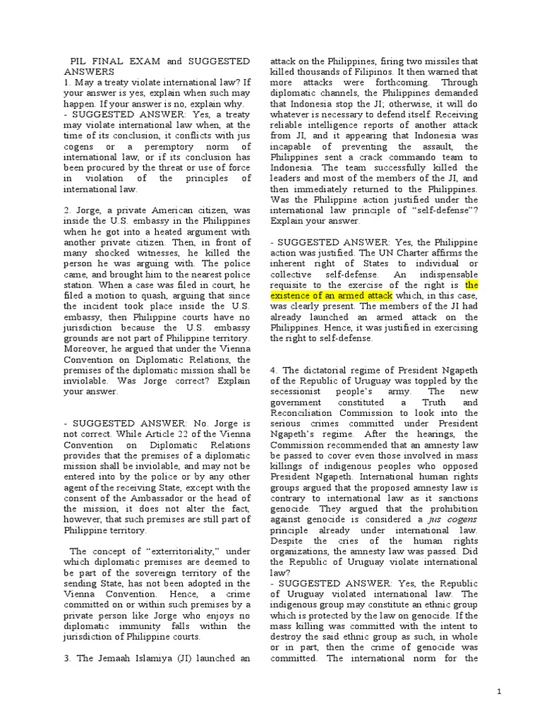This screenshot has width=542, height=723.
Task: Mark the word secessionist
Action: pos(296,391)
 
